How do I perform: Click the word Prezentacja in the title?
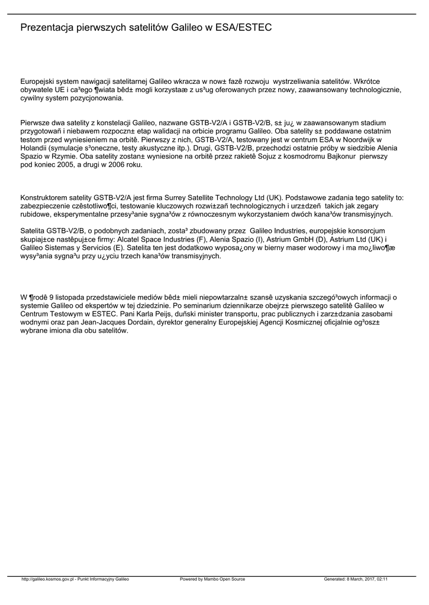coord(47,28)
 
